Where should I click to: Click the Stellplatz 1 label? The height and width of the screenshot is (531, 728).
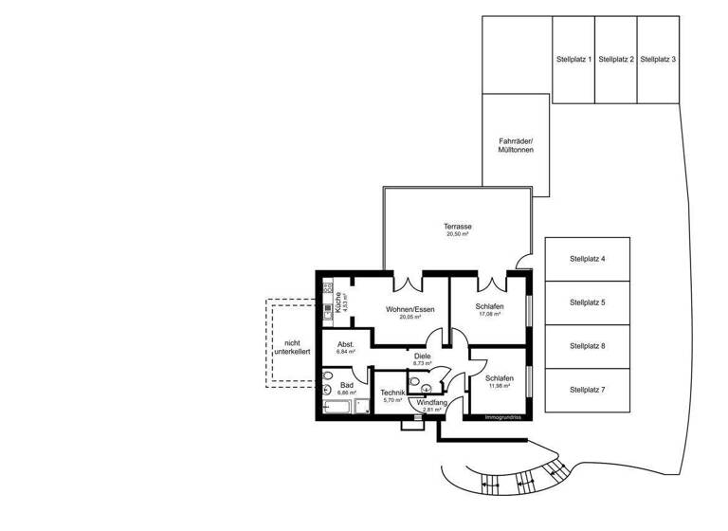[x=573, y=59]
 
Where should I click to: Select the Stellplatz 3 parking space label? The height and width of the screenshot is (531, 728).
[x=658, y=59]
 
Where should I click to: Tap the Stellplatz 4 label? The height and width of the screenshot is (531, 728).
[x=587, y=259]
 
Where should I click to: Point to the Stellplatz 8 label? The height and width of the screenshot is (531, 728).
[x=587, y=346]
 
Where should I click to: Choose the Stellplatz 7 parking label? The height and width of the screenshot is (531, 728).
[x=587, y=390]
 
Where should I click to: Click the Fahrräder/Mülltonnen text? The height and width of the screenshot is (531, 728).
[x=516, y=146]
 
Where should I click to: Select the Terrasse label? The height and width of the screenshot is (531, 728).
[x=458, y=227]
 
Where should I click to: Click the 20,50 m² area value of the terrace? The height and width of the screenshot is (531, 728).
[x=458, y=234]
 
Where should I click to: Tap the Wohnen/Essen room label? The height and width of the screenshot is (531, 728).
[x=409, y=309]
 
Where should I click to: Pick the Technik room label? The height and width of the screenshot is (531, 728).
[x=392, y=393]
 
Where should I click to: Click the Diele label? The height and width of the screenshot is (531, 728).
[x=422, y=357]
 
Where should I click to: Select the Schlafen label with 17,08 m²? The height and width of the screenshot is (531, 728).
[x=489, y=306]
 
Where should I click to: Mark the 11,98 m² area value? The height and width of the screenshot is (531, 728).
[x=500, y=386]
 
